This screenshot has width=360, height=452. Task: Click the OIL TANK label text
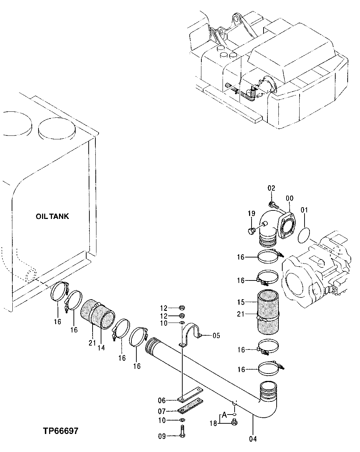point(52,216)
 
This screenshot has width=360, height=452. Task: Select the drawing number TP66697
point(60,431)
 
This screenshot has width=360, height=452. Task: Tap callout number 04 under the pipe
point(253,439)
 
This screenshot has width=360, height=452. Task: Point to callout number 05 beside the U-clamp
point(216,335)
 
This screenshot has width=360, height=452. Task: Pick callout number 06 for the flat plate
point(162,400)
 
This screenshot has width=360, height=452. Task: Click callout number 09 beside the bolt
point(162,436)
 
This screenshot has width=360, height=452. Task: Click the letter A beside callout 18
point(224,415)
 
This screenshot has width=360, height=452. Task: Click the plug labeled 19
point(252,231)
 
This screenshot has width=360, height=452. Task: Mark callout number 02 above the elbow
point(271,189)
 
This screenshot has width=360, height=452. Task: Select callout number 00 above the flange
point(290,199)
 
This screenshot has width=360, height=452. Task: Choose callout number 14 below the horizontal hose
point(101,348)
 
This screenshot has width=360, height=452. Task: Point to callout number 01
point(304,210)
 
